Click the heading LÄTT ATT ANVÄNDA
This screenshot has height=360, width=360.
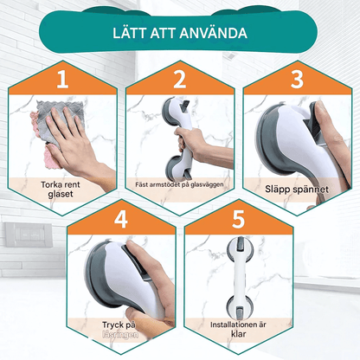click(180, 34)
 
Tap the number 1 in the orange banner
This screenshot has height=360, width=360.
click(61, 80)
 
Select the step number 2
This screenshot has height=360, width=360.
click(179, 80)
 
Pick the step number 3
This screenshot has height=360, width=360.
click(297, 80)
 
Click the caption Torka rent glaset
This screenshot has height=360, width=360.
click(62, 190)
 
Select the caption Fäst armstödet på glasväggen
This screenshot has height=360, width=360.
click(180, 183)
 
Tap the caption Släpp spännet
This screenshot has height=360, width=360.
click(297, 187)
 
